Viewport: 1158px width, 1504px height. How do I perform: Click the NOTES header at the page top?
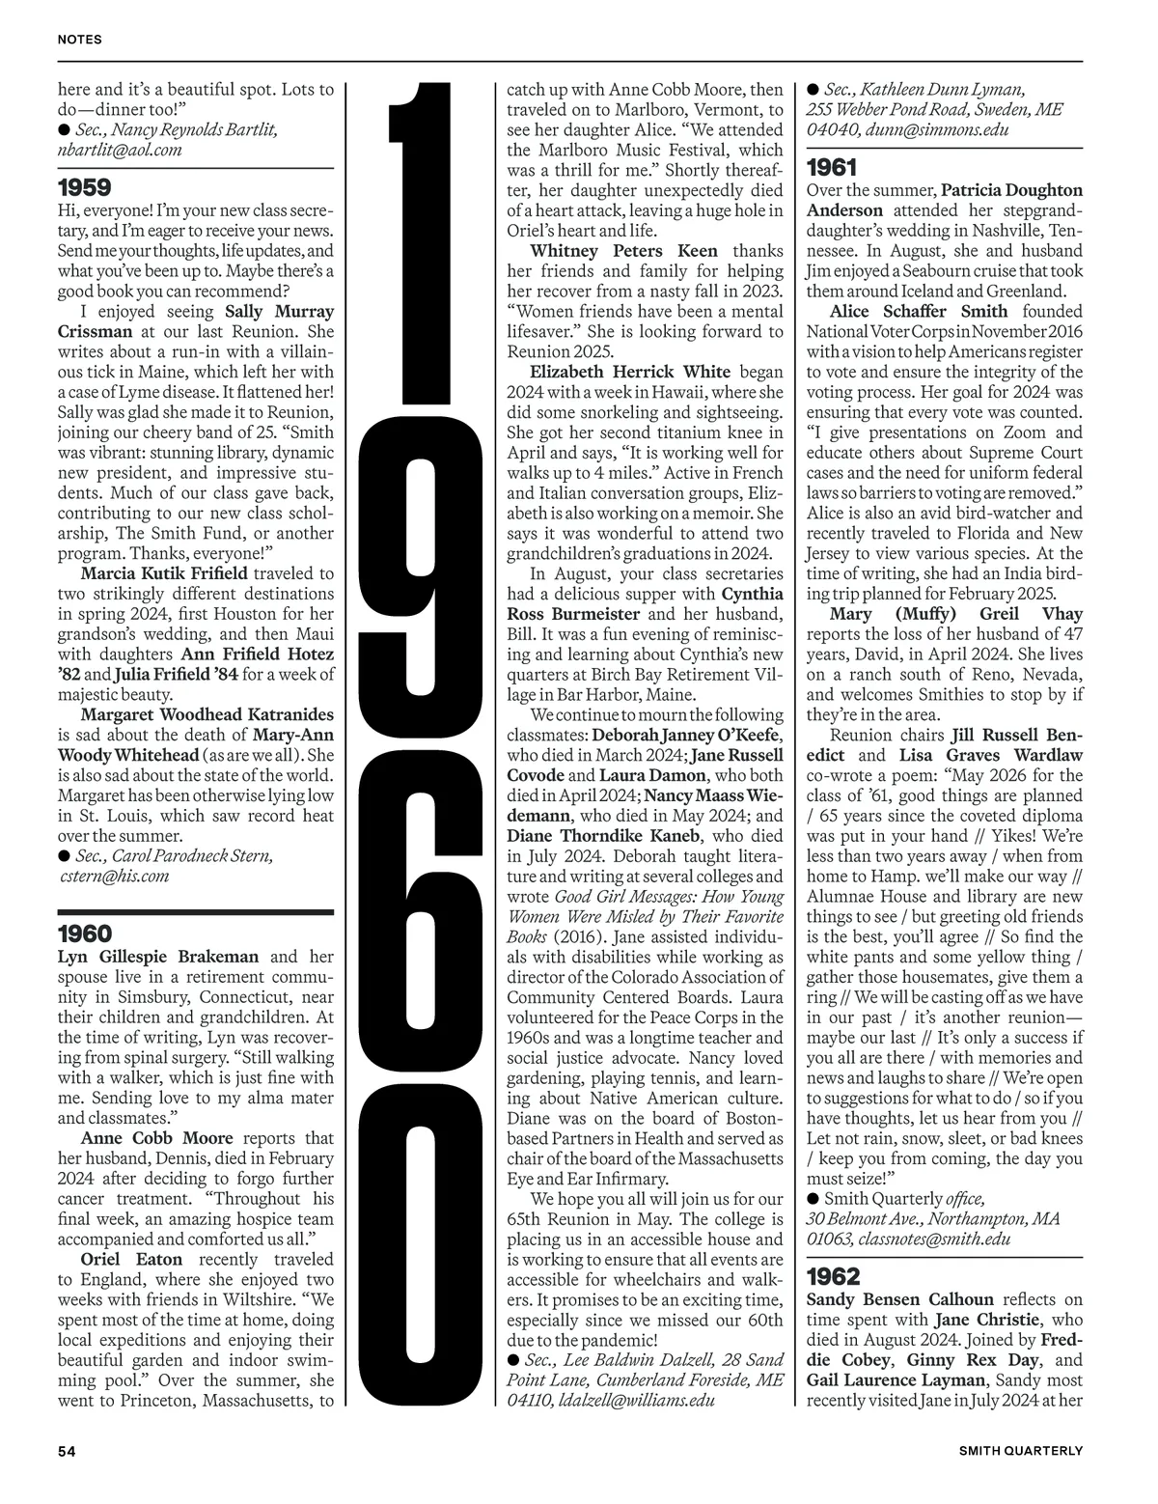click(x=79, y=40)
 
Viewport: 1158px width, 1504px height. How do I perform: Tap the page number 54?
click(x=67, y=1451)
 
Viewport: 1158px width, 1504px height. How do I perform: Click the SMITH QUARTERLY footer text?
click(x=1020, y=1451)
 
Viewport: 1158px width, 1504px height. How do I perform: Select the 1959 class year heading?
click(x=84, y=187)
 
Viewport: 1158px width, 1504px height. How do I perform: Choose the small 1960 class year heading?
click(x=84, y=933)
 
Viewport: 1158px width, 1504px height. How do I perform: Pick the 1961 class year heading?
click(x=832, y=167)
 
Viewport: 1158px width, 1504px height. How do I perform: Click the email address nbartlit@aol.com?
click(x=120, y=150)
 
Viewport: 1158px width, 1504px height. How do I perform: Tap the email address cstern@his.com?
click(x=114, y=876)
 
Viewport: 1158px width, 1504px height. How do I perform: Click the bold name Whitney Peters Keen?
click(x=623, y=251)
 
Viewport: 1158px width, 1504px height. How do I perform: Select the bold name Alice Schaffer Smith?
click(x=918, y=311)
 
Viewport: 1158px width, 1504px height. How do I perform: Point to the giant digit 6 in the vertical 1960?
click(x=417, y=874)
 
